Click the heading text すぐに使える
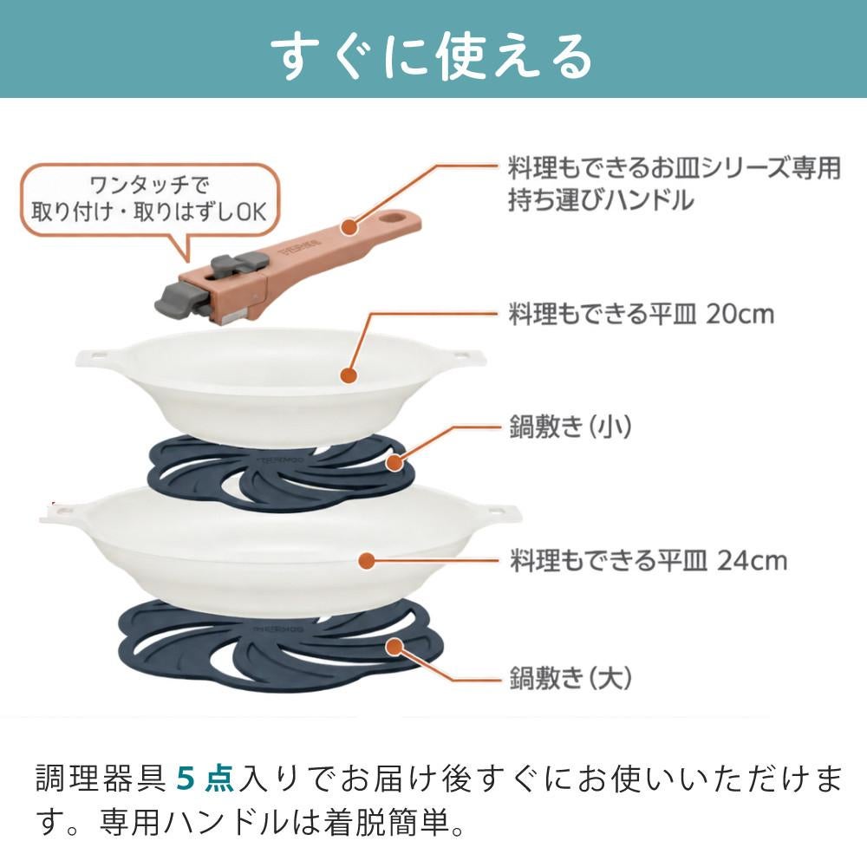pyautogui.click(x=432, y=56)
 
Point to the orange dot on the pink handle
pyautogui.click(x=349, y=226)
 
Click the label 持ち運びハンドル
pyautogui.click(x=601, y=199)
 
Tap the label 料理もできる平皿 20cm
pyautogui.click(x=641, y=314)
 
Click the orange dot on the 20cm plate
pyautogui.click(x=348, y=375)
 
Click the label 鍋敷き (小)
pyautogui.click(x=570, y=427)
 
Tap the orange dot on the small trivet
pyautogui.click(x=394, y=462)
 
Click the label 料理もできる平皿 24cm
pyautogui.click(x=648, y=561)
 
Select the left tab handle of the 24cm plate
pyautogui.click(x=62, y=514)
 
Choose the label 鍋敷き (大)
pyautogui.click(x=570, y=678)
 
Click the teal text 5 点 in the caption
pyautogui.click(x=205, y=778)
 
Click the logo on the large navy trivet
pyautogui.click(x=278, y=629)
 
